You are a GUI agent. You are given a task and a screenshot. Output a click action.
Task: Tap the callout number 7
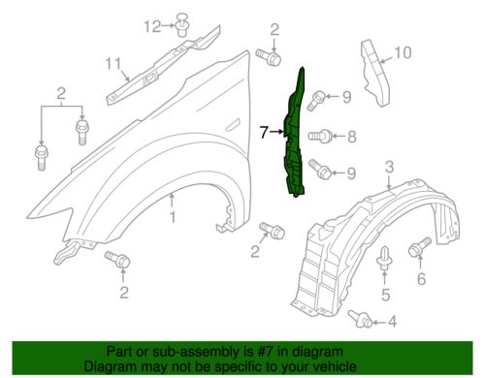coord(264,132)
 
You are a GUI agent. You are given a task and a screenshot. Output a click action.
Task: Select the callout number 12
coord(152,26)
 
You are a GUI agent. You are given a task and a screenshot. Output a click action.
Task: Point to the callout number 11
coord(113,64)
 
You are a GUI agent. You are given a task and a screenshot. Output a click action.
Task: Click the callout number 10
coord(403,52)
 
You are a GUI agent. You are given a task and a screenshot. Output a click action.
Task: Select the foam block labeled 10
coord(375,73)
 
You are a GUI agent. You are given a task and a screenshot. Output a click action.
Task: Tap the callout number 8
coord(352,137)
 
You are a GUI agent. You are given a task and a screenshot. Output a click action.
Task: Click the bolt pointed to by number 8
coord(319,136)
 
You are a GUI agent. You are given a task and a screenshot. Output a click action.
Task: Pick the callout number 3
coord(390,167)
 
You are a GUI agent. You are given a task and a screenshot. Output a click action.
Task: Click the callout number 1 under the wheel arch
coord(173,217)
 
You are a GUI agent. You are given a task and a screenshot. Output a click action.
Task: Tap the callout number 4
coord(393,322)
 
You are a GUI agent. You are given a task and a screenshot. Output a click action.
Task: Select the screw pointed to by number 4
coord(361,319)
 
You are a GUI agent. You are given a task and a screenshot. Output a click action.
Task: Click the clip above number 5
coord(384,258)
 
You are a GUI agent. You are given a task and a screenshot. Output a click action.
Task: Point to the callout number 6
coord(421,278)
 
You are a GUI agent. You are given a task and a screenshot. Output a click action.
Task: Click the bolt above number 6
coord(420,247)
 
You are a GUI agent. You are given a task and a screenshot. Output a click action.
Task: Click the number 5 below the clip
coord(385,295)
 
